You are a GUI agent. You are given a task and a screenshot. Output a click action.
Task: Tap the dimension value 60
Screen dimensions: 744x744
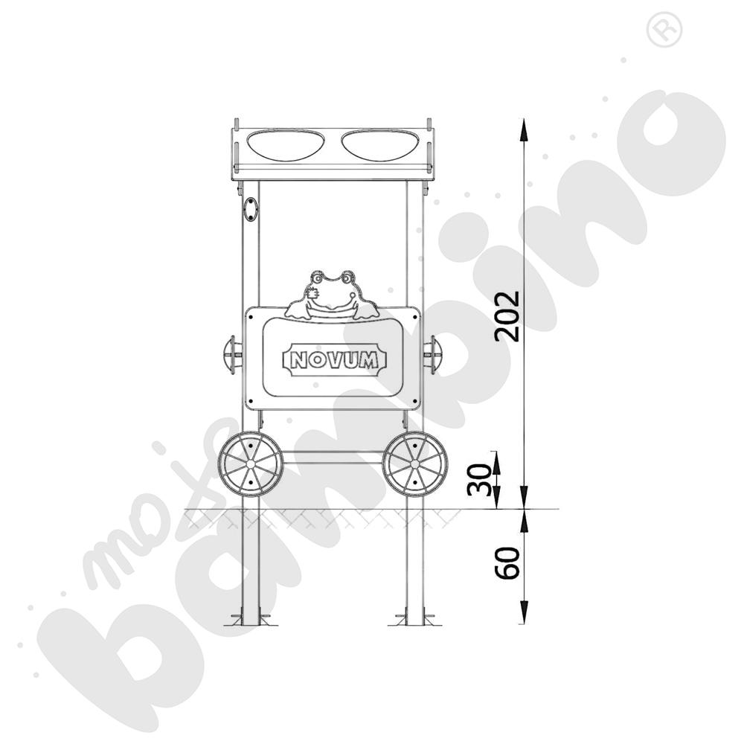coord(507,562)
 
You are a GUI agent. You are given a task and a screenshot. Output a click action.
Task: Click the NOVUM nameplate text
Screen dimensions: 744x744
coord(335,360)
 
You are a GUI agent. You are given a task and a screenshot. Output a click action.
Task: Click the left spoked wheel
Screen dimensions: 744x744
coord(251,464)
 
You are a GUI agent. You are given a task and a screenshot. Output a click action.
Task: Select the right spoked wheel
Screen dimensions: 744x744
coord(414,464)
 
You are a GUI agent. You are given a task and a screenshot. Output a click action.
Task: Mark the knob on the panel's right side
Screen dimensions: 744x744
coord(432,351)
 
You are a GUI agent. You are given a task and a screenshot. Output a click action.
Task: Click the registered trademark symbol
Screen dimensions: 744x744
coord(658,29)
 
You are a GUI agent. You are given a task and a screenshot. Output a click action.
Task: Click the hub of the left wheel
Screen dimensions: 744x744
coord(251,464)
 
